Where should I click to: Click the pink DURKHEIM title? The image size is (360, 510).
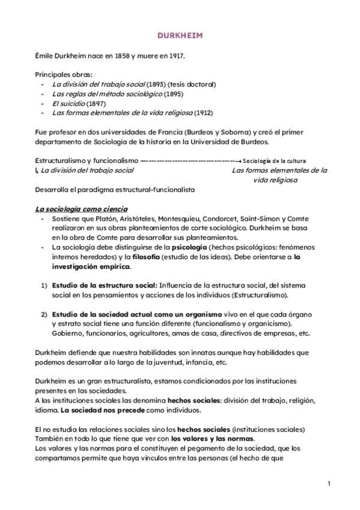click(x=180, y=35)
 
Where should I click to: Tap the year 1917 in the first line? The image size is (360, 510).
click(x=175, y=56)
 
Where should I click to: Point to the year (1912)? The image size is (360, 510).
click(x=203, y=112)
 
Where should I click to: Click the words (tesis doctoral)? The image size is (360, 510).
click(x=192, y=84)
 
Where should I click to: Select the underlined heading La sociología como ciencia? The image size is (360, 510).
click(x=81, y=209)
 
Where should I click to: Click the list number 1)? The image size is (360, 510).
click(x=44, y=285)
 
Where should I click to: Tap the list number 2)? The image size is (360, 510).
click(x=44, y=315)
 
